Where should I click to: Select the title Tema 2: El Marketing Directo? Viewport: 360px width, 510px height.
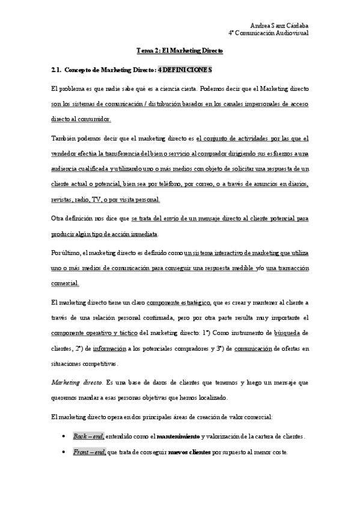(x=180, y=51)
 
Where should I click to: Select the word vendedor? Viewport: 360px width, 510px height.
(x=66, y=153)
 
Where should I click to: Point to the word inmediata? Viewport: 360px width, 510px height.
(x=141, y=233)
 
